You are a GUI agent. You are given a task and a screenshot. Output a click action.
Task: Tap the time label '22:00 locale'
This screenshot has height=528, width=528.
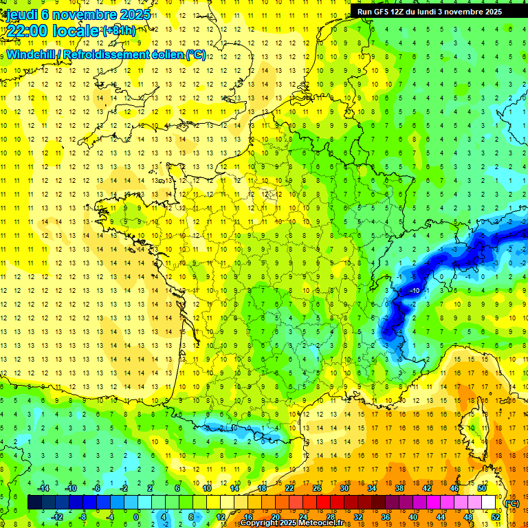click(52, 30)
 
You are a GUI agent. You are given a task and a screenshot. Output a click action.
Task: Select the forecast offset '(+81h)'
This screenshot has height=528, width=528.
click(119, 30)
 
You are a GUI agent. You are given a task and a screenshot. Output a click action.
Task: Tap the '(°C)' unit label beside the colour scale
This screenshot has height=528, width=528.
click(511, 503)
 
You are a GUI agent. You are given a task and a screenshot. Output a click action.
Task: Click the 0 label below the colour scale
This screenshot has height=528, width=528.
click(136, 516)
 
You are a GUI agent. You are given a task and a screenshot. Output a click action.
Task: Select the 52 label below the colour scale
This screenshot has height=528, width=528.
click(495, 516)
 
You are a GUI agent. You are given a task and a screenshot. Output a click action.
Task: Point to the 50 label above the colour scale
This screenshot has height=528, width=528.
click(481, 488)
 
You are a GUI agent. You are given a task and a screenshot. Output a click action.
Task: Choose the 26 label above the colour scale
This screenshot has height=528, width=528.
click(317, 488)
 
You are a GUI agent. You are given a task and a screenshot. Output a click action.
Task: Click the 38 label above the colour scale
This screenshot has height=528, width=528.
click(399, 488)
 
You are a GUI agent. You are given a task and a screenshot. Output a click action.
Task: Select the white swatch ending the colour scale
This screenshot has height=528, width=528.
click(489, 503)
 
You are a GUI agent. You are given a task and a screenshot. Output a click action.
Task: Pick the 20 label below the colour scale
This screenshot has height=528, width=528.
click(275, 516)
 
